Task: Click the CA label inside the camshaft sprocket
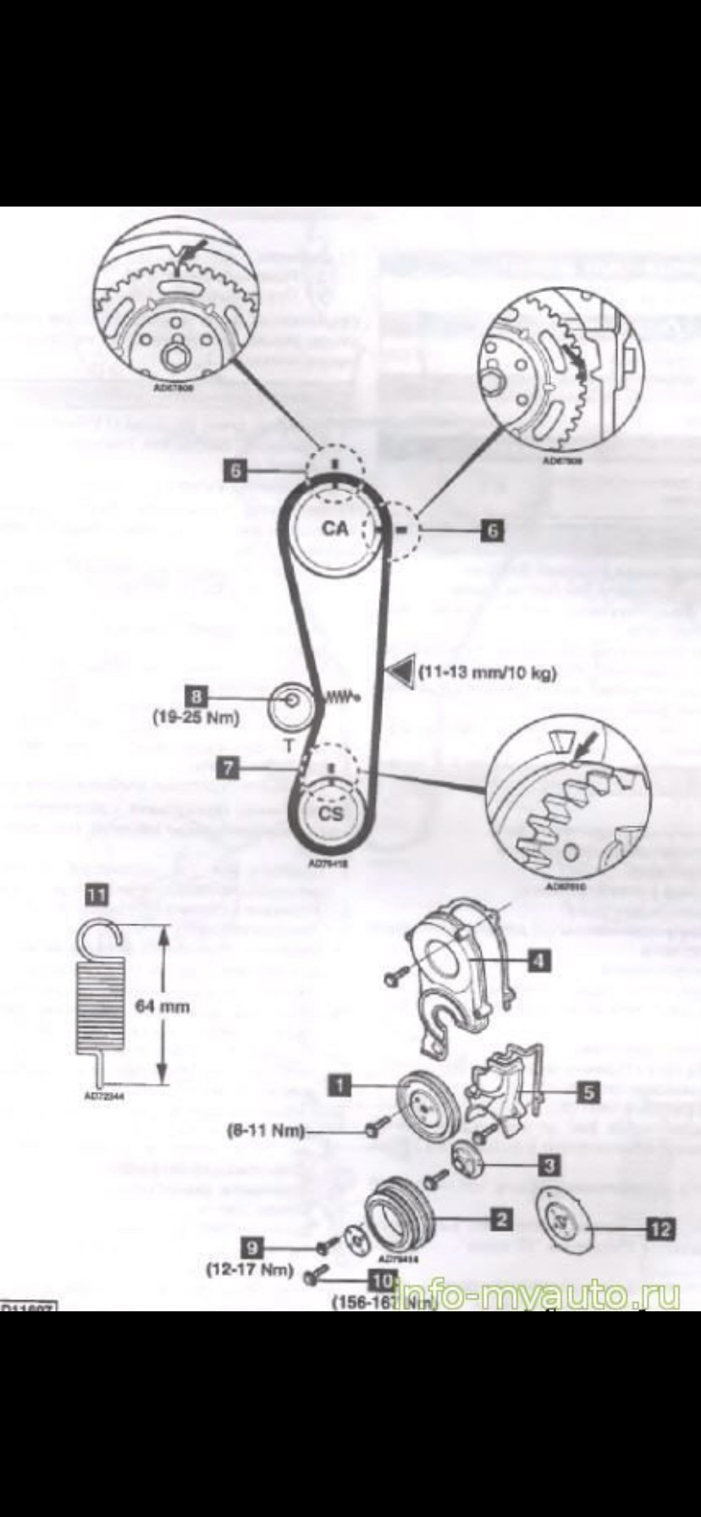(x=335, y=528)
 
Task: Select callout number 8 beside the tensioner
(x=197, y=696)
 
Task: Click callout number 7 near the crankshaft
(x=229, y=768)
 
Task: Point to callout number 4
(x=538, y=960)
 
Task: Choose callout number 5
(x=588, y=1092)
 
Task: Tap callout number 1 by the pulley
(x=339, y=1084)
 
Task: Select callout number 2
(x=501, y=1219)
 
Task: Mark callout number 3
(x=549, y=1166)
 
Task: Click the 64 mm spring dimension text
(x=163, y=1007)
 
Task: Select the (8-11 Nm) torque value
(x=266, y=1130)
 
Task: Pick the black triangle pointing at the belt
(x=397, y=671)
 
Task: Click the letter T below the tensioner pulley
(x=289, y=747)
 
